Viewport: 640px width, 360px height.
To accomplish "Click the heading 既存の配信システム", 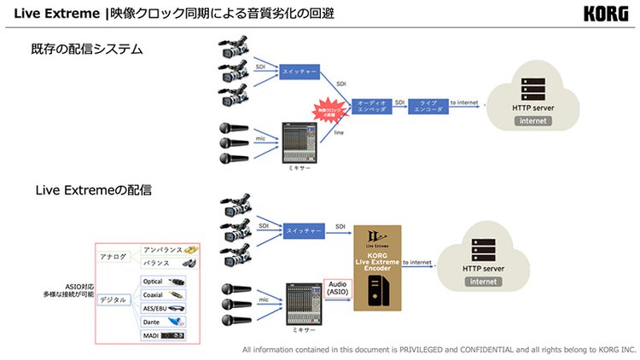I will pos(87,49).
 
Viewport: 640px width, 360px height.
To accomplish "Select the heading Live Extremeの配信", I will pos(94,189).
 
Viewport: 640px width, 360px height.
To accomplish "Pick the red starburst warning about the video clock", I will pos(329,110).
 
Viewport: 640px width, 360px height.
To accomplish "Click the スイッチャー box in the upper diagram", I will pos(299,73).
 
